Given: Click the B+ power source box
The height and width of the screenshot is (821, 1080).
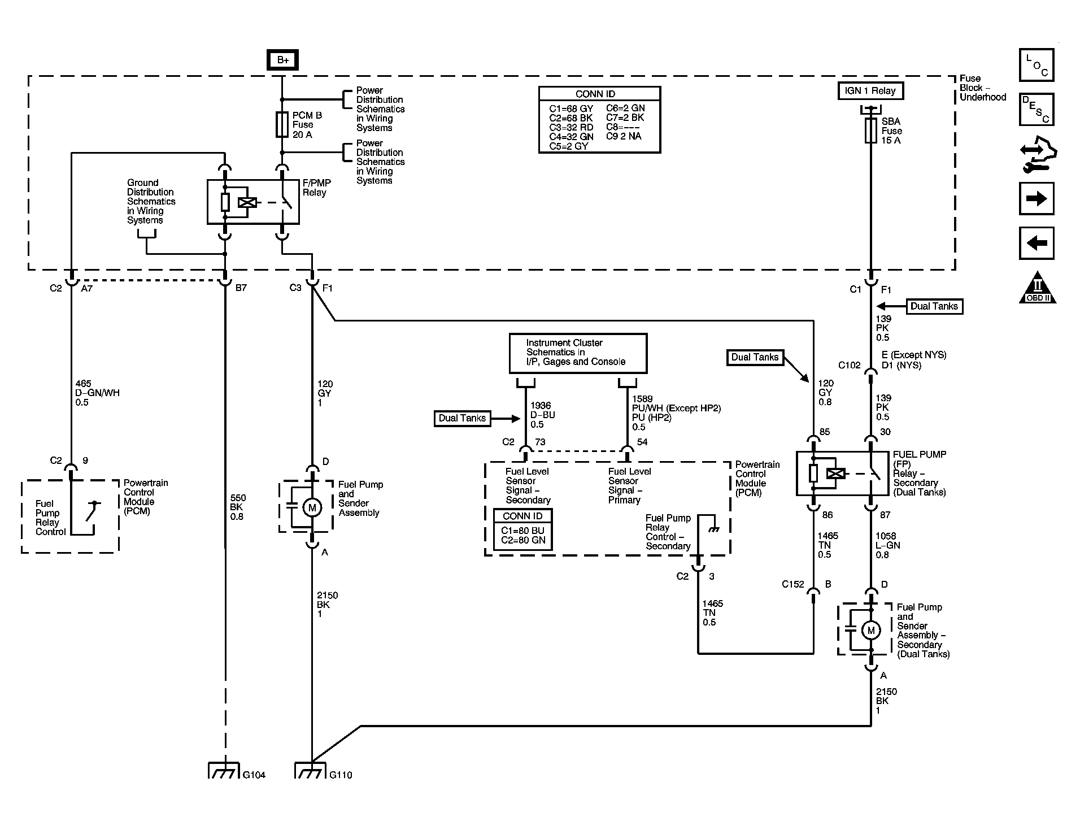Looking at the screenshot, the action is point(282,60).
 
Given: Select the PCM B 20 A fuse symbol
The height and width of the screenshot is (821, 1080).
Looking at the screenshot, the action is point(282,125).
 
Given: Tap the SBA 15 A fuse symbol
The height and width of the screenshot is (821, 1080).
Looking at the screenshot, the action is point(870,131).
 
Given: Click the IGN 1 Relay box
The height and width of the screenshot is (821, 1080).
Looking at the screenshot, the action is point(870,90).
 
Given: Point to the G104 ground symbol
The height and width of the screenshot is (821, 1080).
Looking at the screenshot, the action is point(225,771).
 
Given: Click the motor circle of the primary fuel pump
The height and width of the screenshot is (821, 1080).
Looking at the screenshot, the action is point(311,507).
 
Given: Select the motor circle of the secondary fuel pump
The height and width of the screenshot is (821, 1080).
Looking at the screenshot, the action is point(871,630).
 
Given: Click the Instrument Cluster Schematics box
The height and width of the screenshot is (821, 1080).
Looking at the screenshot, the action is point(578,353).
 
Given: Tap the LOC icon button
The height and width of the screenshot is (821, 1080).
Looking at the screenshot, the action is point(1037,65).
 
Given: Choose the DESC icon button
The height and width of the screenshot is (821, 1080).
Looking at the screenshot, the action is point(1037,109).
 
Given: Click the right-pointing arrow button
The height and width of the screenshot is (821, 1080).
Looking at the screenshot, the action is point(1037,199).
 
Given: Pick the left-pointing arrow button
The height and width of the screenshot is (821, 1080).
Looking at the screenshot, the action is point(1037,243).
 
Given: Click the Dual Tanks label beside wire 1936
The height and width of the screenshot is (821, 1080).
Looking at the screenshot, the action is point(462,419).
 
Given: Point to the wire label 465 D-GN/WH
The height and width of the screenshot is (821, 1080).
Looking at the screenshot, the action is point(97,393).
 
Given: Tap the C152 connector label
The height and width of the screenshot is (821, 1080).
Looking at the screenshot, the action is point(792,584).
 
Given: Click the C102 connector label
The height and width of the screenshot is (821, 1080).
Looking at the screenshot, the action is point(849,365).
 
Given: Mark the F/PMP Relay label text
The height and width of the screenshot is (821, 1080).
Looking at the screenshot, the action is point(317,188).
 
